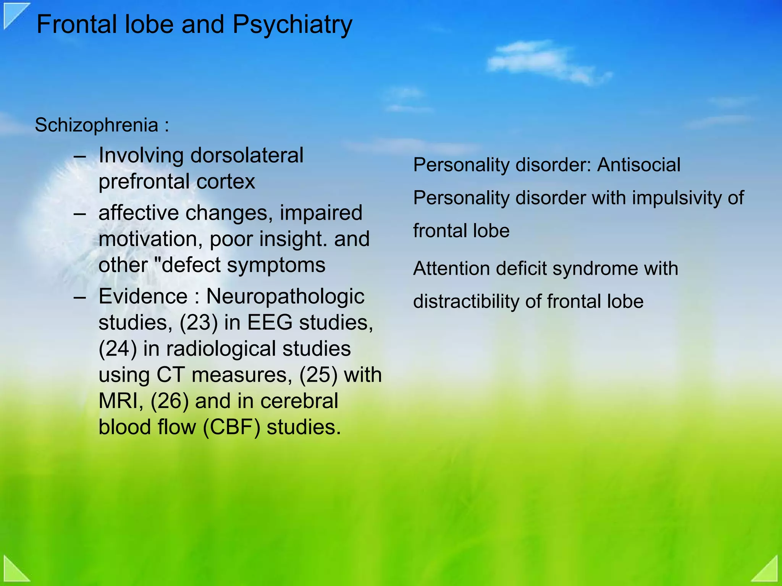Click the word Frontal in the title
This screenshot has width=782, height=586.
pyautogui.click(x=76, y=24)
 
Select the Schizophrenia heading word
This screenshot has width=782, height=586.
pyautogui.click(x=96, y=125)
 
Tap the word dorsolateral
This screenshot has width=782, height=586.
pyautogui.click(x=247, y=155)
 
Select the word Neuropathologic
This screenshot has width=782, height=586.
pyautogui.click(x=285, y=296)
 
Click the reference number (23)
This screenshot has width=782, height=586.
pyautogui.click(x=199, y=323)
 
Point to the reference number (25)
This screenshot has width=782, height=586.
pyautogui.click(x=318, y=375)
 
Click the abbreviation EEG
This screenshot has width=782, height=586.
pyautogui.click(x=270, y=323)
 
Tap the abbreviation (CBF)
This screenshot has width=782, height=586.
pyautogui.click(x=231, y=427)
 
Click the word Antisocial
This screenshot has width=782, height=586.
pyautogui.click(x=639, y=165)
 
